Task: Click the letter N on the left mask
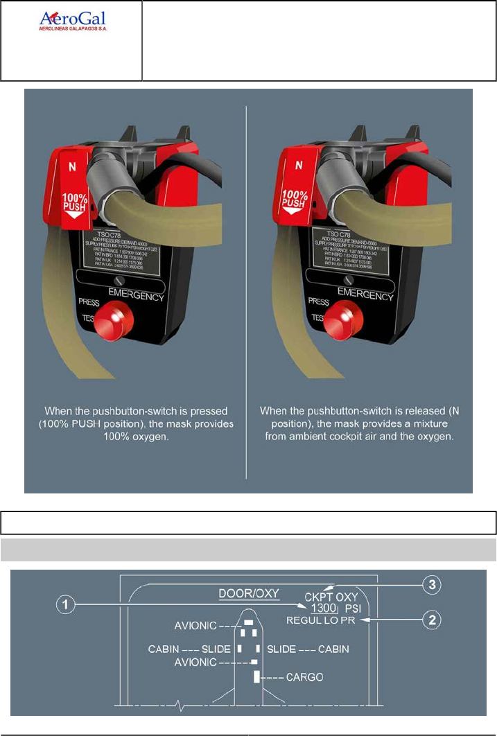pos(71,166)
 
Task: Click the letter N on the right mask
pos(299,166)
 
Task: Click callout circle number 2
pos(433,619)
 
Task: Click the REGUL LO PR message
pos(321,621)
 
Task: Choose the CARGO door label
pos(305,676)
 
